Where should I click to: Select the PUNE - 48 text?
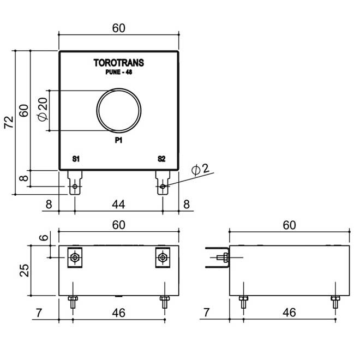click(x=119, y=72)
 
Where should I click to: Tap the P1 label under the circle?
click(x=119, y=141)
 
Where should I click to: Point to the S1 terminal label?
click(x=76, y=159)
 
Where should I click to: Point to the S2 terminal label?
click(x=161, y=159)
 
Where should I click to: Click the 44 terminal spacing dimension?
click(x=118, y=205)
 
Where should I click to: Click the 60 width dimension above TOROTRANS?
click(x=119, y=28)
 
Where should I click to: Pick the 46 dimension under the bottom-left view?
click(x=118, y=313)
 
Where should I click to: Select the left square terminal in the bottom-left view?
click(x=75, y=257)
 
